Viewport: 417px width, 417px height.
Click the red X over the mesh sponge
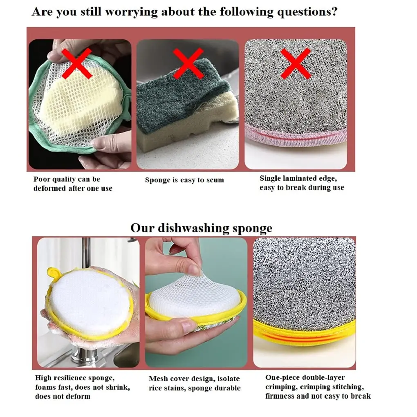pyautogui.click(x=76, y=64)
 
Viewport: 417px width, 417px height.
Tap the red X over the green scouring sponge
pyautogui.click(x=188, y=64)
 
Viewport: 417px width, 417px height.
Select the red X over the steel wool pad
pyautogui.click(x=296, y=64)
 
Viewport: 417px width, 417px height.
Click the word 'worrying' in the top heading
pyautogui.click(x=131, y=12)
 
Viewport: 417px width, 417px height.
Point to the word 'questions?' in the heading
pyautogui.click(x=307, y=12)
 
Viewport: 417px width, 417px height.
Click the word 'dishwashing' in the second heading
pyautogui.click(x=194, y=229)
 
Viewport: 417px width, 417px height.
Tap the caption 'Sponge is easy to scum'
pyautogui.click(x=184, y=180)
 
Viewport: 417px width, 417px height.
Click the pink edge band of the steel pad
pyautogui.click(x=296, y=135)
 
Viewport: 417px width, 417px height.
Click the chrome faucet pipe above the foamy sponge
pyautogui.click(x=86, y=253)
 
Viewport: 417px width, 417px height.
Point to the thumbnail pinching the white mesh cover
pyautogui.click(x=195, y=270)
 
